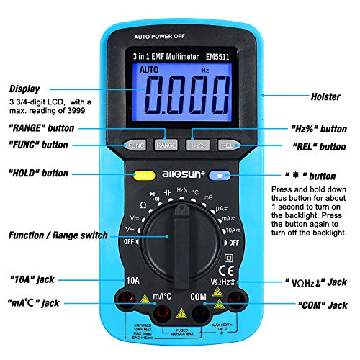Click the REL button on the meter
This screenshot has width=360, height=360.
coord(229,145)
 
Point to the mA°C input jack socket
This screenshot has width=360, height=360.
coord(162,311)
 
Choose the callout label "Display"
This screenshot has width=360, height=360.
coord(24,89)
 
